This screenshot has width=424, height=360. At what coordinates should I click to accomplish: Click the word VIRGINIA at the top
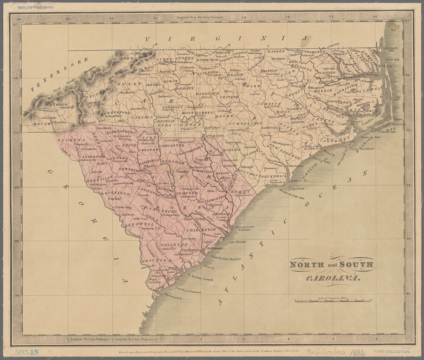click(227, 39)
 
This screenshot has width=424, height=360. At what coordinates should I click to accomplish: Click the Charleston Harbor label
click(226, 258)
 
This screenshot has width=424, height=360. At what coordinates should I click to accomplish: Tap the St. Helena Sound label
click(200, 277)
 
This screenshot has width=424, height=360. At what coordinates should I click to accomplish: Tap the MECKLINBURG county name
click(166, 124)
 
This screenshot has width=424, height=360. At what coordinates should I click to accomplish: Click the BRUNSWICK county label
click(273, 176)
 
